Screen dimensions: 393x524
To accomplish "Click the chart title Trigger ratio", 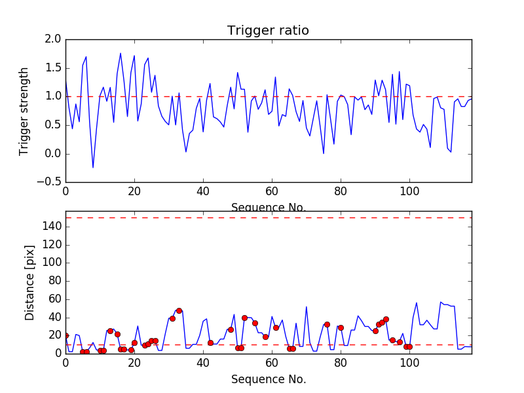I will click(x=268, y=31).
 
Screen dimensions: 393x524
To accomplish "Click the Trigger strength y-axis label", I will click(x=24, y=111).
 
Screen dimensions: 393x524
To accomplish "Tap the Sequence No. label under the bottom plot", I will click(x=269, y=379).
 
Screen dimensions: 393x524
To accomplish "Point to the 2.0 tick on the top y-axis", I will click(x=53, y=39).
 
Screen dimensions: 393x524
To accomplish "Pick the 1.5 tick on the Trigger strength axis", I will click(x=53, y=68).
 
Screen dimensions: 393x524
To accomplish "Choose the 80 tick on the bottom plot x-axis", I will click(x=341, y=362).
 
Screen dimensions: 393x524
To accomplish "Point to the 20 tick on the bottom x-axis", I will click(x=134, y=362).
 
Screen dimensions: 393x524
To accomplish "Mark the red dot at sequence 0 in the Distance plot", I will click(x=65, y=335).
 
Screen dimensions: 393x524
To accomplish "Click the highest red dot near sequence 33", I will click(x=179, y=310).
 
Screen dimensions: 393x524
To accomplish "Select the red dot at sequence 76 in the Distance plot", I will click(x=327, y=324).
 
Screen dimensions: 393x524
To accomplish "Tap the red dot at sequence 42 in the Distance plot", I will click(x=210, y=343).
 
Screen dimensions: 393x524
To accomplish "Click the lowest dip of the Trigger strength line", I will click(x=93, y=168).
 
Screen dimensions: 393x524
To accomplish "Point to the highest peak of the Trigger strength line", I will click(x=121, y=53).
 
